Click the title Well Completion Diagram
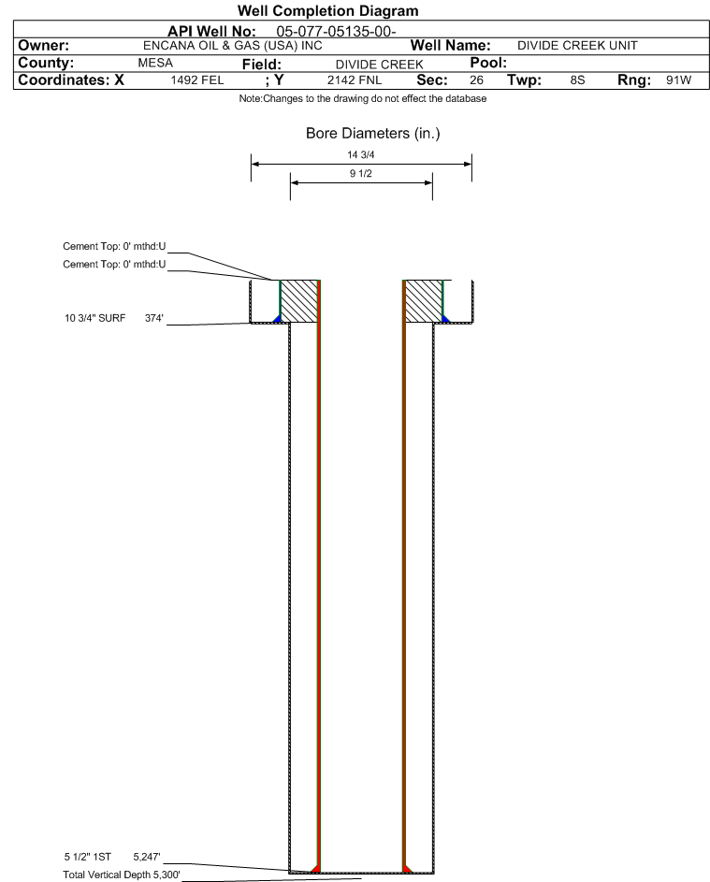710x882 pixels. click(328, 10)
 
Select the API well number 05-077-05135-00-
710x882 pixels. click(336, 32)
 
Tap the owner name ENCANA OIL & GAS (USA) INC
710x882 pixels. click(233, 46)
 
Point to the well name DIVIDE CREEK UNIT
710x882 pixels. click(577, 46)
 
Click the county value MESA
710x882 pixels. click(155, 63)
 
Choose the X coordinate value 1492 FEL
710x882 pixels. click(196, 80)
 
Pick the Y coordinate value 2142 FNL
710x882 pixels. click(355, 80)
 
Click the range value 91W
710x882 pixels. click(678, 80)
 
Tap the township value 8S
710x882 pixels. click(577, 80)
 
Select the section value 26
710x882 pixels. click(476, 80)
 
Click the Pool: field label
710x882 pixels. click(488, 63)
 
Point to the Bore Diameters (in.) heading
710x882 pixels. click(373, 134)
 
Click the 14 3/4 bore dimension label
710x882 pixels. click(361, 154)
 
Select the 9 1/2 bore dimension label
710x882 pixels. click(361, 173)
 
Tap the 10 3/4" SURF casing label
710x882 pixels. click(95, 318)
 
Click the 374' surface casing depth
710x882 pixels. click(154, 318)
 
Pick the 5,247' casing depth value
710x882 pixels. click(147, 857)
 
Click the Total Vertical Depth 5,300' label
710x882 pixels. click(122, 875)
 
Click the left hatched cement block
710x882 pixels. click(298, 301)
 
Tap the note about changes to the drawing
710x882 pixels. click(362, 98)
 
